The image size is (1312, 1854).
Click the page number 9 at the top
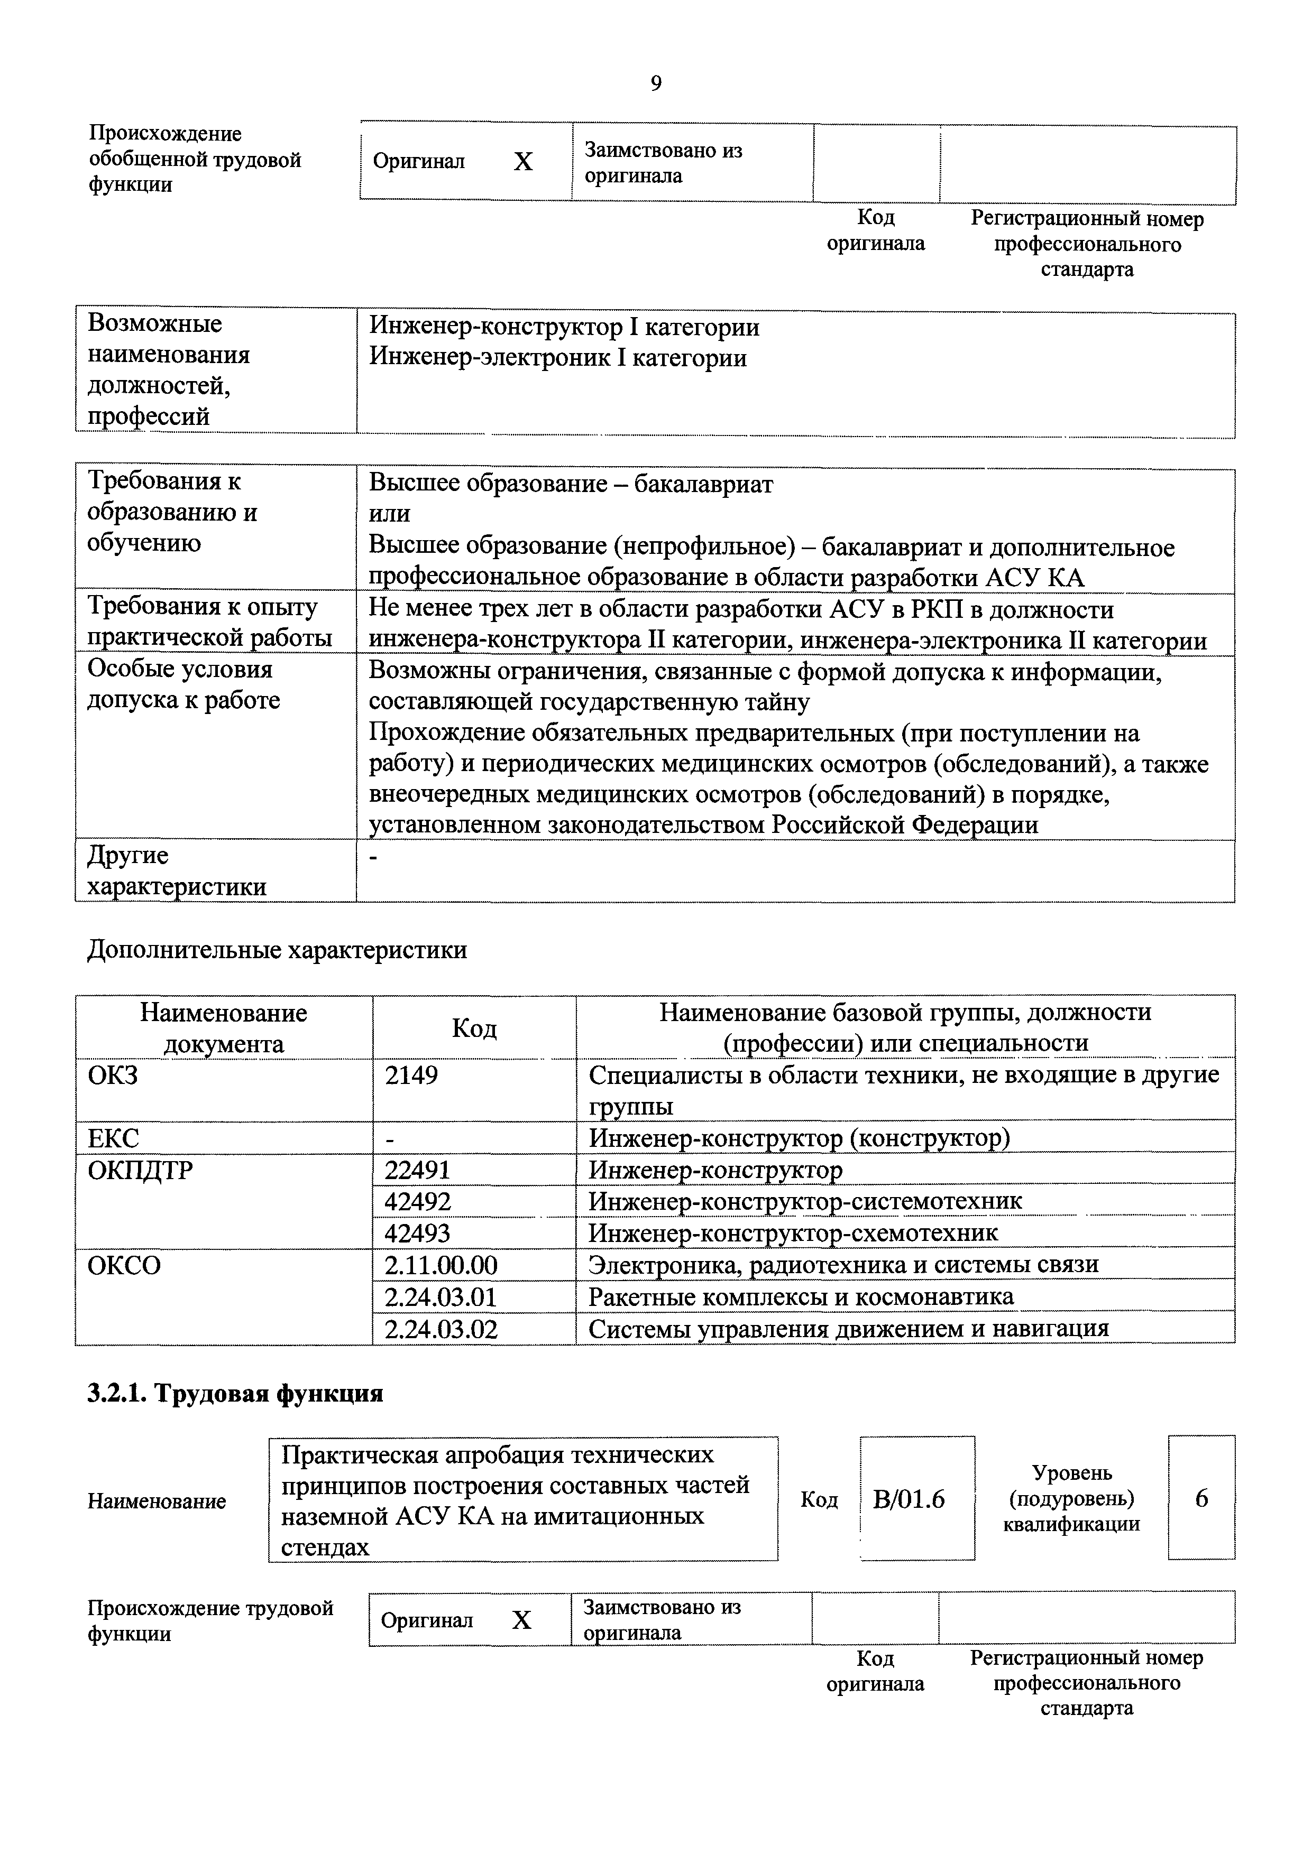click(x=655, y=83)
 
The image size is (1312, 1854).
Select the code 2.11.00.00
click(x=441, y=1265)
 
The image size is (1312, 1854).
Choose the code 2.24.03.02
click(x=441, y=1328)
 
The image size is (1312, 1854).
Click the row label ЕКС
click(x=113, y=1138)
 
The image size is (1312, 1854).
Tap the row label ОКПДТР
click(x=140, y=1170)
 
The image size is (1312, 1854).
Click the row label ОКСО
click(x=124, y=1265)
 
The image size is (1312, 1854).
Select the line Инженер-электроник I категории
click(x=557, y=358)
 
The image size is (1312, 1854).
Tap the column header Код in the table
click(x=474, y=1028)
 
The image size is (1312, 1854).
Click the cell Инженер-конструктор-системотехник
click(x=805, y=1201)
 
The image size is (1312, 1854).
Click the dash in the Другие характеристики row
click(x=373, y=858)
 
